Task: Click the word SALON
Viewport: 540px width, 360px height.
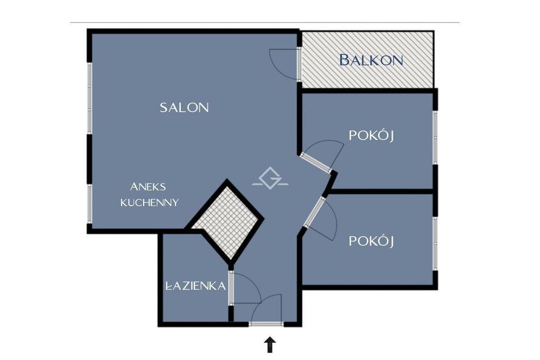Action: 184,108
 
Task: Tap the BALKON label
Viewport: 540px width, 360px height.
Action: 372,60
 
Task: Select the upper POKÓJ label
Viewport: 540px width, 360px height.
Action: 372,135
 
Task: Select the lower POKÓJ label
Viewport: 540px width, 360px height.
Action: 372,241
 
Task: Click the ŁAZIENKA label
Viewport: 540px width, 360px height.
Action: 195,286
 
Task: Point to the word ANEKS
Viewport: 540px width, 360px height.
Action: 148,187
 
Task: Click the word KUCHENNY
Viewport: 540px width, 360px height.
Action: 150,202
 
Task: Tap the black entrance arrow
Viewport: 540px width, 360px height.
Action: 270,345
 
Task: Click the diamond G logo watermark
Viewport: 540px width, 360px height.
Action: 270,178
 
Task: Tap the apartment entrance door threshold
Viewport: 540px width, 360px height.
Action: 266,324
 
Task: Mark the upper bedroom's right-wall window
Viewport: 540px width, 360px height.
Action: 435,138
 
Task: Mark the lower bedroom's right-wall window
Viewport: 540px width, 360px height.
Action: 435,243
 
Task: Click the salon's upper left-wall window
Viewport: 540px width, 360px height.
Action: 89,98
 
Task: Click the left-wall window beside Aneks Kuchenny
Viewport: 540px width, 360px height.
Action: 89,203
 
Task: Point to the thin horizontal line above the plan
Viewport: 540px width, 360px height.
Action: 265,22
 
